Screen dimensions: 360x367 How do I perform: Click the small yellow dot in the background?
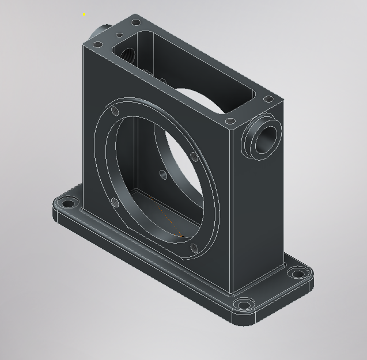click(x=84, y=14)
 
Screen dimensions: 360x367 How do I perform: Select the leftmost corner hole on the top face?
click(x=99, y=44)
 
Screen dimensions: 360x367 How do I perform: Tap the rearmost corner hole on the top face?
click(x=136, y=22)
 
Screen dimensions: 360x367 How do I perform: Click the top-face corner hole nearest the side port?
click(x=230, y=122)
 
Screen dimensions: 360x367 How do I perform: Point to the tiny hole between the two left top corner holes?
click(x=119, y=35)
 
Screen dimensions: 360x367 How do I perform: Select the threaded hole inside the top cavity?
click(x=127, y=55)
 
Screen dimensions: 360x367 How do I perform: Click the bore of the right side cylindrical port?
click(x=268, y=138)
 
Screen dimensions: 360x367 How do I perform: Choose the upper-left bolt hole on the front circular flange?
click(x=115, y=110)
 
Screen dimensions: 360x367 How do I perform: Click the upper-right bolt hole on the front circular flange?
click(x=192, y=155)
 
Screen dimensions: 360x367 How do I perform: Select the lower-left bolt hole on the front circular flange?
click(x=113, y=201)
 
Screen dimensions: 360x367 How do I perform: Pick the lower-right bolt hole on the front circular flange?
click(x=194, y=248)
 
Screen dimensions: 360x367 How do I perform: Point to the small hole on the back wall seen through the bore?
click(x=163, y=173)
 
